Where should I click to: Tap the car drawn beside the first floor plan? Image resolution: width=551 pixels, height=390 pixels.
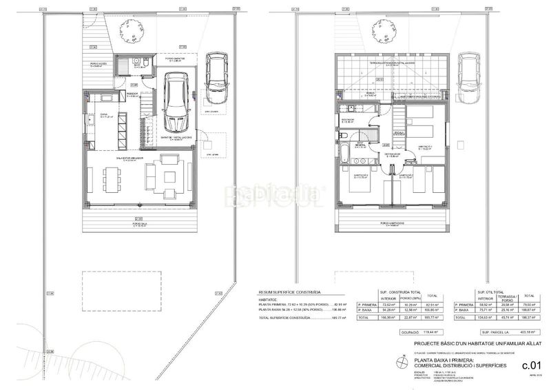[468, 76]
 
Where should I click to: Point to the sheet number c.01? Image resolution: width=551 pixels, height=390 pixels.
[532, 366]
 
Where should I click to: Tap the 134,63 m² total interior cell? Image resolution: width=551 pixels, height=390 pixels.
[477, 318]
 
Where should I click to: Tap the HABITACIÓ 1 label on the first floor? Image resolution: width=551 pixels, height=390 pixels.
[425, 147]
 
